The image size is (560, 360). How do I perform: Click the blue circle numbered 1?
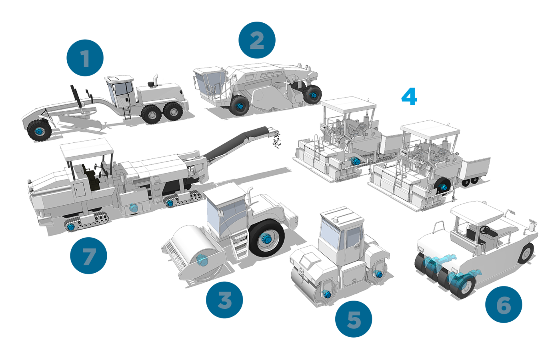85,58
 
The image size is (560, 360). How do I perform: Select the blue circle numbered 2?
257,40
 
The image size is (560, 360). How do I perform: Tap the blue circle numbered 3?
224,300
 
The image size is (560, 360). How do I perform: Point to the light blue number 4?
409,97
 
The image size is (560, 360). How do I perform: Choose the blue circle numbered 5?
354,319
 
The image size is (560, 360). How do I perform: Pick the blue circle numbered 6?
504,304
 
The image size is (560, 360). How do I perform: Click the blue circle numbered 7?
88,255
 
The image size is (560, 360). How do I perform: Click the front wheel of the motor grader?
39,130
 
